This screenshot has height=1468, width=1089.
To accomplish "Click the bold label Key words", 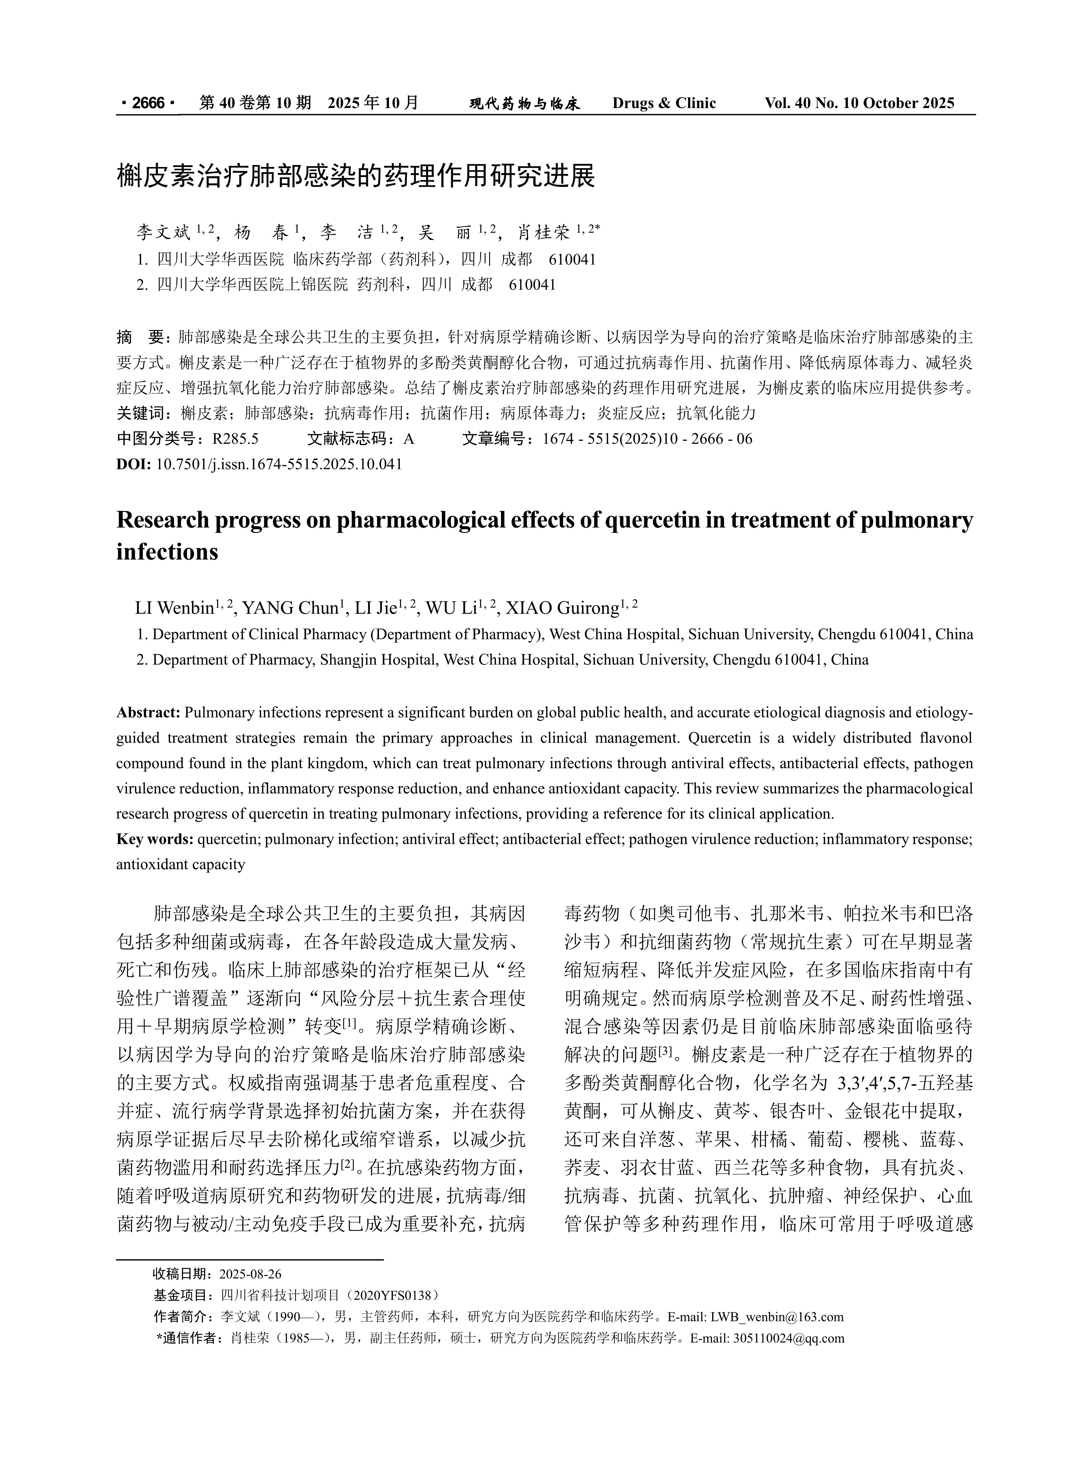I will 154,839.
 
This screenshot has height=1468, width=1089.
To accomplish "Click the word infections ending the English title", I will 167,551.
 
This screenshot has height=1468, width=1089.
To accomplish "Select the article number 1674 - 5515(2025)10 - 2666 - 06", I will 647,438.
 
